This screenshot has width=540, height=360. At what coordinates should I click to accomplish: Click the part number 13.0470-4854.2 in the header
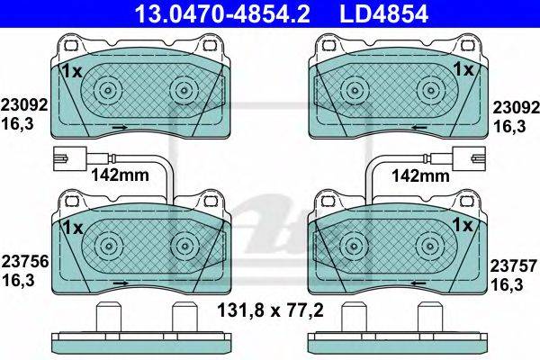click(x=222, y=13)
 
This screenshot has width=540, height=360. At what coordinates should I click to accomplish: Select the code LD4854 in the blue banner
click(x=384, y=13)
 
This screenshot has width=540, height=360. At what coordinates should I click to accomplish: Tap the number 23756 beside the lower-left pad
click(x=25, y=262)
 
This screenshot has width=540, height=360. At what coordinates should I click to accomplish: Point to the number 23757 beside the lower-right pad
click(x=514, y=266)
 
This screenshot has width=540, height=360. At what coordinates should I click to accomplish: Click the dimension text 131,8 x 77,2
click(x=270, y=310)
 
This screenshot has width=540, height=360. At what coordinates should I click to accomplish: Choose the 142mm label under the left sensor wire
click(x=120, y=175)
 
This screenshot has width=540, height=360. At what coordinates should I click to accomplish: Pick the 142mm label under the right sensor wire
click(x=421, y=176)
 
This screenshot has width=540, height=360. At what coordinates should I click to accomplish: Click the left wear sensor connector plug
click(x=70, y=158)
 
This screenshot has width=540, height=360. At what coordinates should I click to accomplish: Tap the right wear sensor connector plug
click(x=469, y=158)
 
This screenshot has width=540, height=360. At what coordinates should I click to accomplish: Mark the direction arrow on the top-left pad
click(x=121, y=128)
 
